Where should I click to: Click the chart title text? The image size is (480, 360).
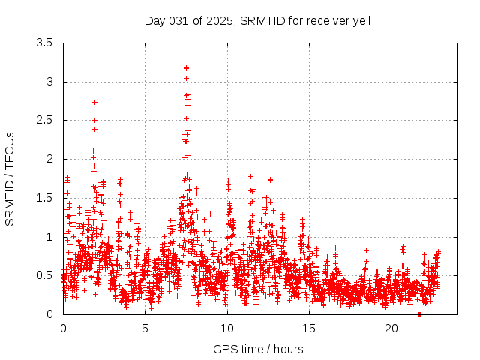257,20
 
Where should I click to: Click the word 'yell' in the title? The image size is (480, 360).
361,20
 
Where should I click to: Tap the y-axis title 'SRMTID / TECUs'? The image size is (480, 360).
10,178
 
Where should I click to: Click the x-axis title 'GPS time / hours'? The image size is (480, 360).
258,349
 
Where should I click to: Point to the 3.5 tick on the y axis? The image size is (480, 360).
46,43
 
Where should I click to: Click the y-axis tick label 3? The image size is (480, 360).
50,82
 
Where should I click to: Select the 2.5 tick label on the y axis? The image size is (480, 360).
46,120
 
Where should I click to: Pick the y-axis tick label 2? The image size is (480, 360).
50,159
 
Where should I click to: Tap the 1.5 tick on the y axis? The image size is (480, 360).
46,198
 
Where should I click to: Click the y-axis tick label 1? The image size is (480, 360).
50,237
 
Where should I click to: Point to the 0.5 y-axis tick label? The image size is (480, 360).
46,275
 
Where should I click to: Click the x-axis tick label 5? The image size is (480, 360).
145,328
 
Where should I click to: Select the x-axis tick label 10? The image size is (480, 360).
227,328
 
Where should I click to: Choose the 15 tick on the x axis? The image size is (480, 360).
310,328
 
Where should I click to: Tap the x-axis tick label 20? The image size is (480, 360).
391,328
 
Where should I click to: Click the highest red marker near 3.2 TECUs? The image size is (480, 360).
186,67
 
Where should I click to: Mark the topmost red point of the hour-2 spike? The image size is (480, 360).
95,102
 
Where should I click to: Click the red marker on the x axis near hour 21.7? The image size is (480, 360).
419,314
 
